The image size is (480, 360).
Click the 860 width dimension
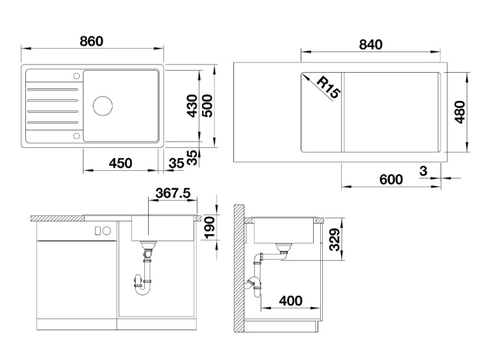click(91, 42)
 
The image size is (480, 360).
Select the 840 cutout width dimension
click(371, 45)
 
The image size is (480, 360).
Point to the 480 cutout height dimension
click(459, 112)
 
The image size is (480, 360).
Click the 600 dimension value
click(391, 179)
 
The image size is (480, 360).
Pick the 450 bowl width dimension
click(120, 163)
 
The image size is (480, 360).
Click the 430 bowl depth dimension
click(192, 106)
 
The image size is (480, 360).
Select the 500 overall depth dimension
click(207, 106)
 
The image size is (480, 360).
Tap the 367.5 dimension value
click(173, 194)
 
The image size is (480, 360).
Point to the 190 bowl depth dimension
click(210, 227)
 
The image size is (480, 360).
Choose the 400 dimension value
click(291, 301)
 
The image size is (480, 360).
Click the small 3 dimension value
click(423, 171)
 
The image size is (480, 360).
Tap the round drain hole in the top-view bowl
click(103, 106)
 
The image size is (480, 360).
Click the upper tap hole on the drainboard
click(76, 75)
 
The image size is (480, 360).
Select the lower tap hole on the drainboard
click(76, 136)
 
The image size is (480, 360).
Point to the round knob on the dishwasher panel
click(107, 231)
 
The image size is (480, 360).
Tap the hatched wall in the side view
click(239, 268)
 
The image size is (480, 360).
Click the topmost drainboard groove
click(53, 90)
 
